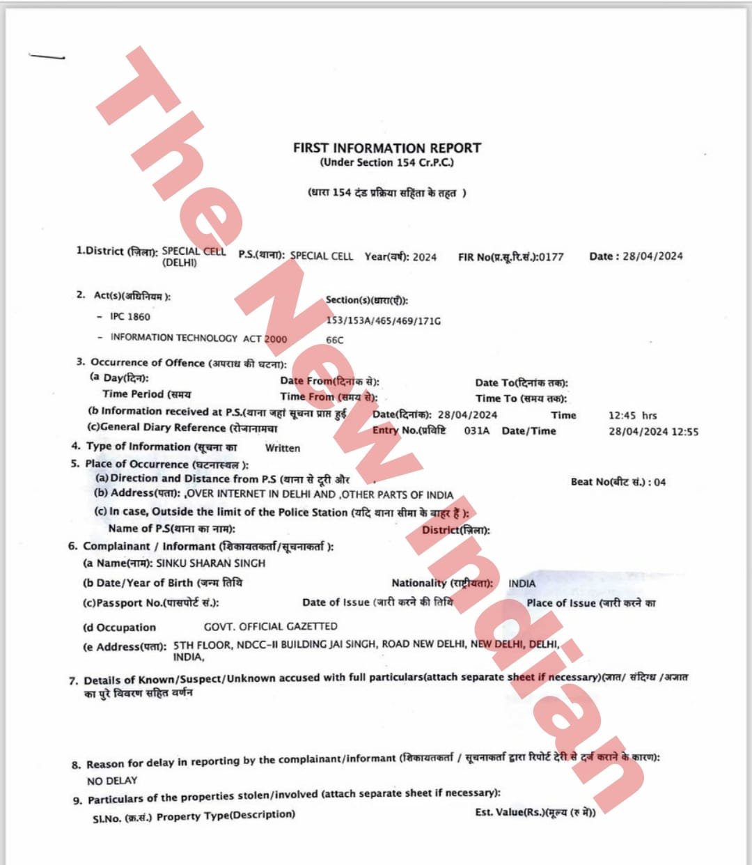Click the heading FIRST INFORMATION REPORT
point(386,148)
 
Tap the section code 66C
point(335,340)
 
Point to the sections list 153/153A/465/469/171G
point(383,321)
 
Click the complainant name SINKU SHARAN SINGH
point(210,563)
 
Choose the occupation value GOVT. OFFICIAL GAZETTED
point(270,626)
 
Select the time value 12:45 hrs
point(632,415)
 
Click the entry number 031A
point(476,431)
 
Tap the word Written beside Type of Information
point(283,448)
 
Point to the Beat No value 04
point(660,482)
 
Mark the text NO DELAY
point(112,781)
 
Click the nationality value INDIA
point(522,584)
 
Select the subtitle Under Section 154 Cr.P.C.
point(386,163)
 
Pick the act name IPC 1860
point(130,316)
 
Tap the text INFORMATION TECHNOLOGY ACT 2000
point(198,338)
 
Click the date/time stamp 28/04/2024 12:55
point(653,432)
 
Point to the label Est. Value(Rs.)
point(510,812)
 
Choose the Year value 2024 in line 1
point(425,257)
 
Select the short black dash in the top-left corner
point(47,56)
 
